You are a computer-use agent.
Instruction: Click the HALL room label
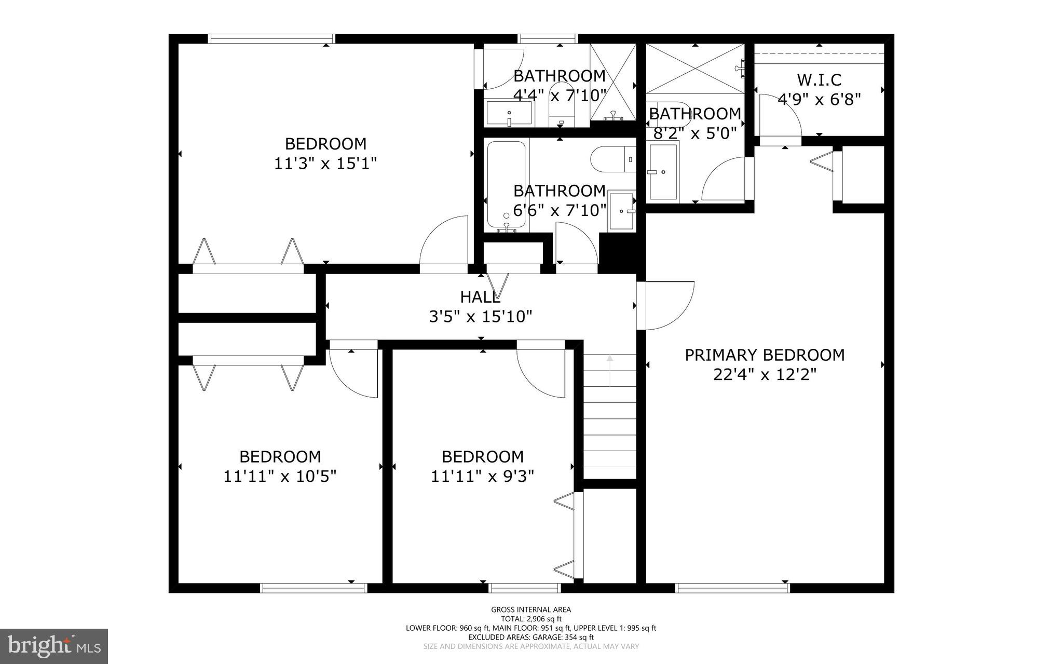(480, 297)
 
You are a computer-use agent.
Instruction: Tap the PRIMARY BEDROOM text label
(765, 355)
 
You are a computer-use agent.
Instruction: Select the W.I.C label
(819, 80)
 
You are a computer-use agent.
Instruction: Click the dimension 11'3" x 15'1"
(325, 164)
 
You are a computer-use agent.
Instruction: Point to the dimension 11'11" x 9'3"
(482, 476)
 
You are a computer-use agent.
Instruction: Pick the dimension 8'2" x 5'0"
(695, 133)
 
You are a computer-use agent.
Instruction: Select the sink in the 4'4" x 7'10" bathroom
(509, 113)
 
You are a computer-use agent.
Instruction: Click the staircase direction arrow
(610, 370)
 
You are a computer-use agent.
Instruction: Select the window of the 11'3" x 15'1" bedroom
(271, 38)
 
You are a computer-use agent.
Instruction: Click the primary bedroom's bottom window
(732, 588)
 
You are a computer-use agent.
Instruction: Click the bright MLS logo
(54, 646)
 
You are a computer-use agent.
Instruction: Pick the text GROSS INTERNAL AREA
(531, 609)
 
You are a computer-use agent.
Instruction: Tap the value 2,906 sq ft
(544, 619)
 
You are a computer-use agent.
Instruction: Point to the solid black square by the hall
(618, 253)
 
